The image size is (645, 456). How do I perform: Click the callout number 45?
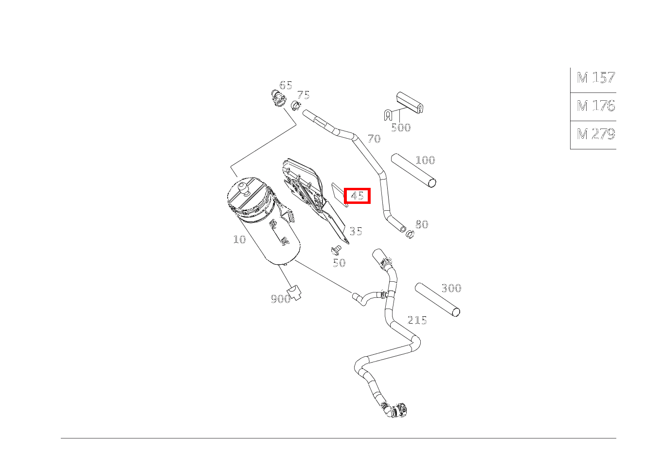[357, 196]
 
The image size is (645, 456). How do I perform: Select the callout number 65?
[286, 86]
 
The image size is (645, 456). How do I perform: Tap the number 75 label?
[304, 95]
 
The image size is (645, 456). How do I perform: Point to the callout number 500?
[401, 128]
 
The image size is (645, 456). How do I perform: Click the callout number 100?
[425, 160]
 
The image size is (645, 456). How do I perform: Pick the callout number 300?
[451, 288]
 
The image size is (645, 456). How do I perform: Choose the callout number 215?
[417, 320]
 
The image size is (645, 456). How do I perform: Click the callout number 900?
[280, 299]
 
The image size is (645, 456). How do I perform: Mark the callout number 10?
[239, 239]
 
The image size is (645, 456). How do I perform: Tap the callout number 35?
[356, 231]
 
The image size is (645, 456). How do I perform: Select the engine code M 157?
[595, 78]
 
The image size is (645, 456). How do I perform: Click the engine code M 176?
[595, 106]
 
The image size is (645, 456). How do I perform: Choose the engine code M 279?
[595, 134]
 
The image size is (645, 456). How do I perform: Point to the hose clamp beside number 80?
[410, 235]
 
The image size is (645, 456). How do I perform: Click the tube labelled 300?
[437, 299]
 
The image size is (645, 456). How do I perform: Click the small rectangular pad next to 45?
[338, 194]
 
